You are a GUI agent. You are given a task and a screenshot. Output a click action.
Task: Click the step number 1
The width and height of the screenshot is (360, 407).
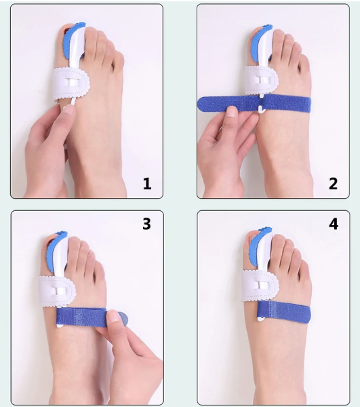pos(147,184)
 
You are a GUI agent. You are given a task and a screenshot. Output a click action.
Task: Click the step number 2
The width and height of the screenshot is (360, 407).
pos(333,184)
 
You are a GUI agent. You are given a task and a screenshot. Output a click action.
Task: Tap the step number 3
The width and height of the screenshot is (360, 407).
pos(146,223)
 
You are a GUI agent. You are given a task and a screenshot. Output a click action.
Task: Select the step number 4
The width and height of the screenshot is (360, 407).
pos(333,223)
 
